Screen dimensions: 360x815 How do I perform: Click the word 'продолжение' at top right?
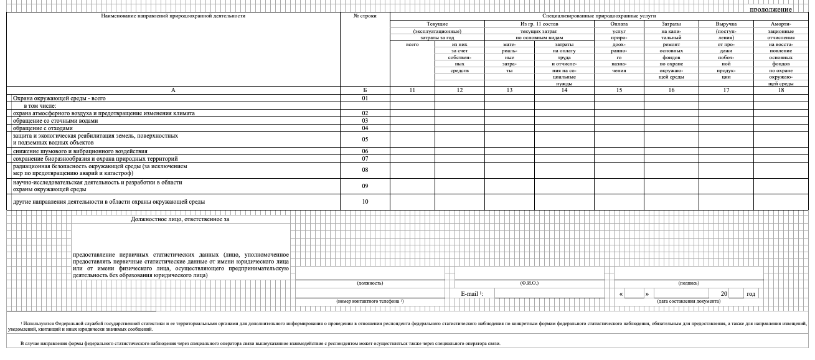point(770,9)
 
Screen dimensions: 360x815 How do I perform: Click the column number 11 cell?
point(412,90)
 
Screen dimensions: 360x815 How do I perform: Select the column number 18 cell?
point(781,90)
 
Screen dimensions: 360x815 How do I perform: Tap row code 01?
point(365,98)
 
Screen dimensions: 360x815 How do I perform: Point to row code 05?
point(365,140)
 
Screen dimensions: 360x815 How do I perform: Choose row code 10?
point(365,202)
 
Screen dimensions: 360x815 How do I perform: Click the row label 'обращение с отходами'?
point(47,128)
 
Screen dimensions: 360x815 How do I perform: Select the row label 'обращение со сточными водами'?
point(56,121)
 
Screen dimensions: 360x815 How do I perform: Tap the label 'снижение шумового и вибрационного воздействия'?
point(80,151)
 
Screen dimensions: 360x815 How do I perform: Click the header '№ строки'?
point(365,16)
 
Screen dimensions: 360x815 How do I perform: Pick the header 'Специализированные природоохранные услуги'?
point(599,16)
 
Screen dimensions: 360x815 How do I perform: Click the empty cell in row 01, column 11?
point(412,98)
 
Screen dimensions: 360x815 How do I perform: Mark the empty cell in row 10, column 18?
point(781,202)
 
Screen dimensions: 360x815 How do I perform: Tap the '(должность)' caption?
point(370,283)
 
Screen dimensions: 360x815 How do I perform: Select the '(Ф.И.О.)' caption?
point(529,283)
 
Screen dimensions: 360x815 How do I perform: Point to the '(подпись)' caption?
point(689,283)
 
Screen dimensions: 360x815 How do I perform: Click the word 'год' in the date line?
point(751,293)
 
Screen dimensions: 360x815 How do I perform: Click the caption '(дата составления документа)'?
point(689,301)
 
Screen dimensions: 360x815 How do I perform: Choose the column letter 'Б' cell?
point(365,90)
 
